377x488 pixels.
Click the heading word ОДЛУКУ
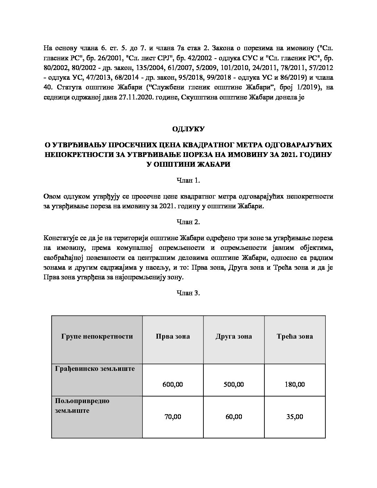188,129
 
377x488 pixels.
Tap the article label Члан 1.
188,180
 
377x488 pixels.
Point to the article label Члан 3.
188,293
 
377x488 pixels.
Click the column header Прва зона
173,336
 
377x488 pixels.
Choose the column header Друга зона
234,336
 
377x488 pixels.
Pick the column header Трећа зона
295,336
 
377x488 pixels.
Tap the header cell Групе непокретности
97,336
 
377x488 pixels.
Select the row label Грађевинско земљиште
95,369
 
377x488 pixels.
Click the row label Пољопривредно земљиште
82,406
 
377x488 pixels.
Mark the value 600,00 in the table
173,384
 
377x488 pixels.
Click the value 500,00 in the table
234,384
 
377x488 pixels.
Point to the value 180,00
295,384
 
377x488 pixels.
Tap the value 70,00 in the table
173,417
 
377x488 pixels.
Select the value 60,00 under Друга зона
234,417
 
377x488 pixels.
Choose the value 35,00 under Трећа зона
295,417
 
